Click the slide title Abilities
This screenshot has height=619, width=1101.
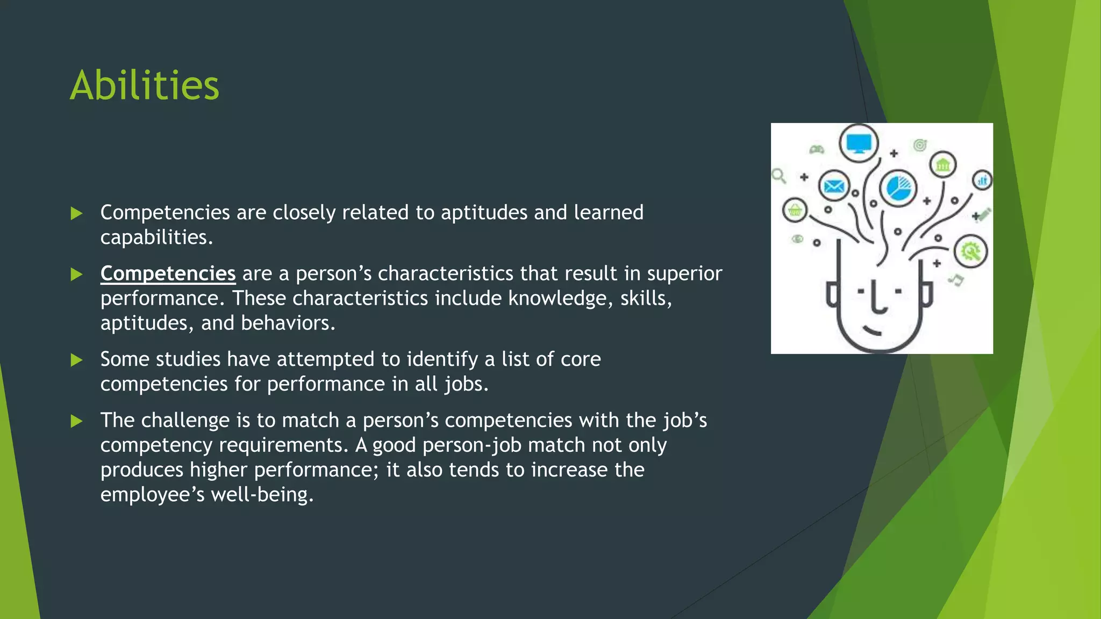(x=145, y=86)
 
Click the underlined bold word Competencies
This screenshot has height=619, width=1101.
(x=168, y=273)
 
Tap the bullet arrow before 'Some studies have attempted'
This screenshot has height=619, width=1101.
(x=76, y=359)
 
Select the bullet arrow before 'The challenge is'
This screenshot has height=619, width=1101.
(x=76, y=421)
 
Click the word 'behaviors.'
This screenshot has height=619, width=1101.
(x=288, y=323)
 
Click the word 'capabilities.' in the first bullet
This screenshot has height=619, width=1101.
(x=156, y=237)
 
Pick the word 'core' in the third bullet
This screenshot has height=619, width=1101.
(x=581, y=359)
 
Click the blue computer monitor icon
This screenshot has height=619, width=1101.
(x=859, y=143)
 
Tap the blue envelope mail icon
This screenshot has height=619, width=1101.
(x=834, y=186)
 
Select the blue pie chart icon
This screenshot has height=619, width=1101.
(x=897, y=188)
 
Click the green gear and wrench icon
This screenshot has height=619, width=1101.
(x=970, y=251)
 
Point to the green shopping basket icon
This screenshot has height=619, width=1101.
(x=795, y=211)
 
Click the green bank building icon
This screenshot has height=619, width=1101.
(x=943, y=165)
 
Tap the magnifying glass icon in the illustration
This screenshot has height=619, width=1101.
(x=778, y=176)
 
